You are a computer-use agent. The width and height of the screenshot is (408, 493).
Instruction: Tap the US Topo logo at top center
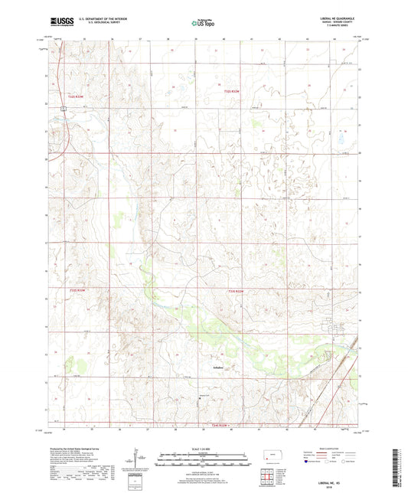[202, 24]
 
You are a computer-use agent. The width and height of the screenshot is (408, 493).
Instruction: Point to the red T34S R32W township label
[220, 425]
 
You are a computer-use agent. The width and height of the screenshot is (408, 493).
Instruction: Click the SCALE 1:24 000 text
[204, 449]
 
